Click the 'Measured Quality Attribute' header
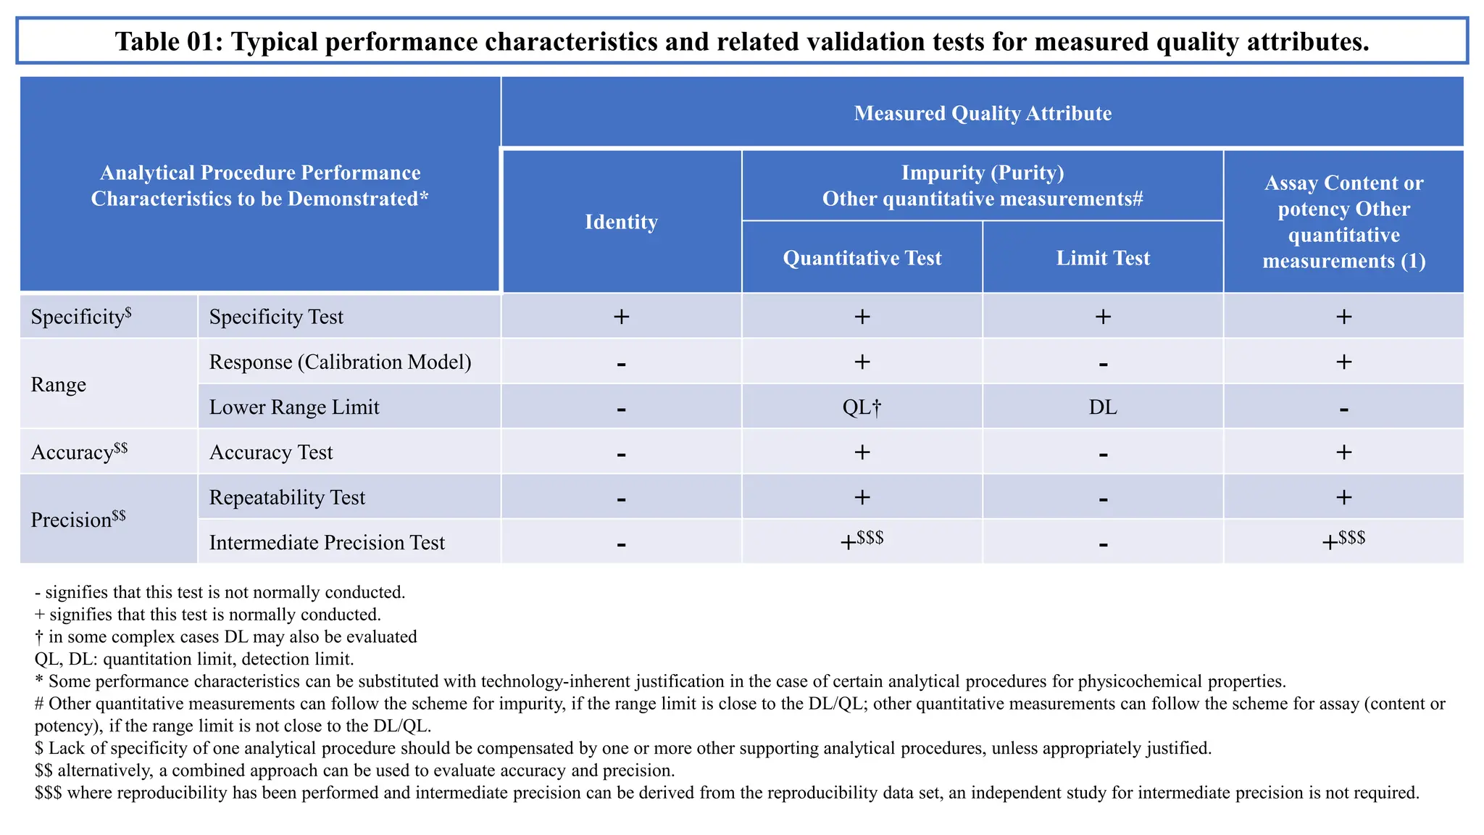[x=982, y=113]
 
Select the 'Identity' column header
[x=621, y=222]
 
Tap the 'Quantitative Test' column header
[x=862, y=258]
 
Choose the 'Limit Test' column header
[x=1102, y=258]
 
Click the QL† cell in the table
[x=862, y=407]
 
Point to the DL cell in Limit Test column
[x=1102, y=407]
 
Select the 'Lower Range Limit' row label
[x=294, y=407]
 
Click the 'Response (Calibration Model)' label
[x=340, y=362]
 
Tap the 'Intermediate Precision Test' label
[x=327, y=542]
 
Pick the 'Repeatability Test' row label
[x=287, y=497]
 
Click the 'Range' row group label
[x=59, y=384]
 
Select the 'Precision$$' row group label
[x=78, y=520]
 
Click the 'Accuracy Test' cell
[x=271, y=452]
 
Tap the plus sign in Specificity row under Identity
[x=621, y=317]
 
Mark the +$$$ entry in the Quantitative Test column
[x=862, y=541]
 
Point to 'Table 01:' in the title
[x=169, y=41]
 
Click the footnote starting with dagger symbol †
[x=225, y=636]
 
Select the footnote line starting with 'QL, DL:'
[x=194, y=659]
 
